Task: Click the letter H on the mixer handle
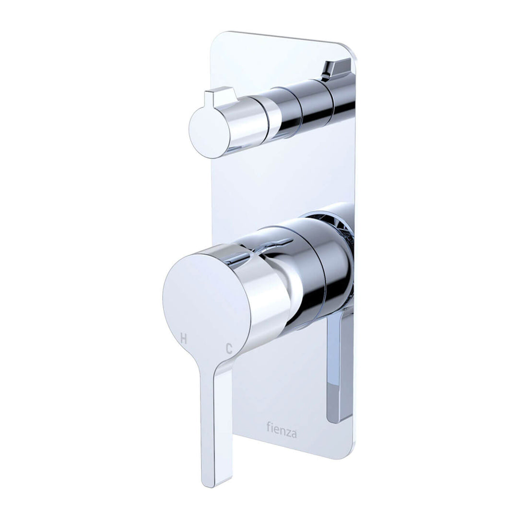pyautogui.click(x=183, y=338)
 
